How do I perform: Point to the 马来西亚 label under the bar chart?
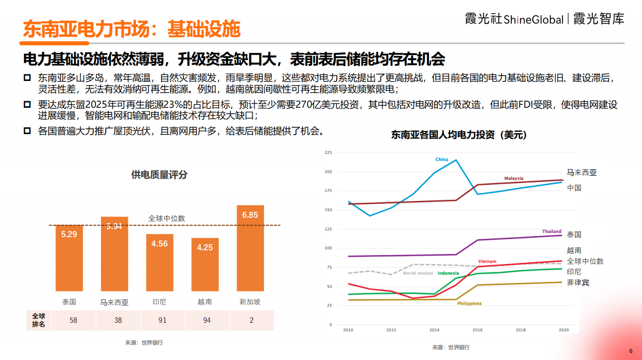(114, 302)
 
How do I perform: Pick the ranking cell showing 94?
(206, 320)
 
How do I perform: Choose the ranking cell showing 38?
(118, 320)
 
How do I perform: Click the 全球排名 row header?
(39, 320)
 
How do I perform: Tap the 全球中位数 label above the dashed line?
(166, 218)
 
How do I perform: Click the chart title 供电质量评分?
(159, 175)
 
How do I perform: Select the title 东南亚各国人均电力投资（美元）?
(459, 135)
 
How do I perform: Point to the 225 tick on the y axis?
(328, 152)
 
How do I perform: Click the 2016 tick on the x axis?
(477, 330)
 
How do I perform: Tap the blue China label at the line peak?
(442, 160)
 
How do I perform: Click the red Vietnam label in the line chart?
(487, 262)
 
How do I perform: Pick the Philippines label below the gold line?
(469, 304)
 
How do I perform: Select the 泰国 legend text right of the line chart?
(574, 234)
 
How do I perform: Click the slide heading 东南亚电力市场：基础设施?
(132, 29)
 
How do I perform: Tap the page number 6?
(631, 351)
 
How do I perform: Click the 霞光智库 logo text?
(599, 19)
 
